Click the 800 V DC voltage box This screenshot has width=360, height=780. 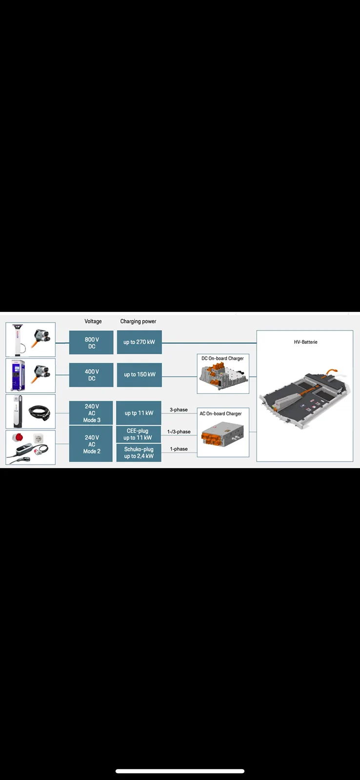[91, 342]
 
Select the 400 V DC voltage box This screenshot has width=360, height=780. [91, 375]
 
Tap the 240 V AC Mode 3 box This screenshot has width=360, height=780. [91, 413]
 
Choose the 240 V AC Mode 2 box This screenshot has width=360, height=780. [91, 444]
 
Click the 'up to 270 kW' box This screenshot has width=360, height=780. [140, 342]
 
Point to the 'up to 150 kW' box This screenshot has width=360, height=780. [140, 375]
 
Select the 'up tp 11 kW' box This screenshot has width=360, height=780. [139, 413]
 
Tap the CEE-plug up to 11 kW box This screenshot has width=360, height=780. [139, 434]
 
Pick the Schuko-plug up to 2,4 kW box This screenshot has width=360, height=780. [139, 453]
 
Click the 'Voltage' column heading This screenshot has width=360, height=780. [93, 321]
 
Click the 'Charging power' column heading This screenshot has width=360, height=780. [139, 321]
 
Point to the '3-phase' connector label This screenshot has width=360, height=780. [179, 410]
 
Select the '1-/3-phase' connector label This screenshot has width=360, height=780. [179, 432]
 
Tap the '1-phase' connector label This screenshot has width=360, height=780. [179, 449]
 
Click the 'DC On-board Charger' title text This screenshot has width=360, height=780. [223, 358]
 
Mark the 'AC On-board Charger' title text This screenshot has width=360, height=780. [220, 414]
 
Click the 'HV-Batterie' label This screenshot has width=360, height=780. [306, 342]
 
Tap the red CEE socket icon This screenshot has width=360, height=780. [17, 438]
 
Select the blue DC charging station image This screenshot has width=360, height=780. [19, 376]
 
